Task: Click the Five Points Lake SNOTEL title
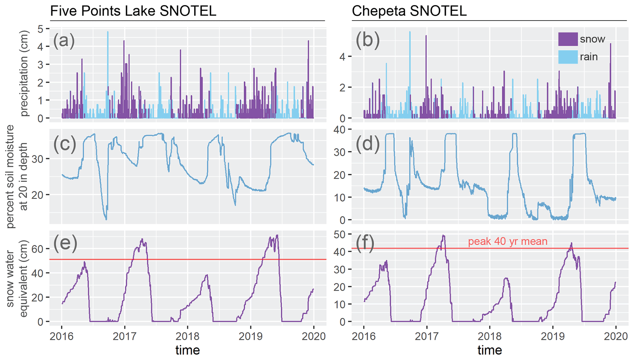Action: click(133, 11)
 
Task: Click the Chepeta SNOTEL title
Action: click(409, 11)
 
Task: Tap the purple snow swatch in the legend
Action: click(568, 39)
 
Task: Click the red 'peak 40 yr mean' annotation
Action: click(508, 242)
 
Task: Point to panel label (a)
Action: click(64, 41)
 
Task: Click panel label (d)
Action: click(367, 143)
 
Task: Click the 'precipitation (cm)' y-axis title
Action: click(24, 74)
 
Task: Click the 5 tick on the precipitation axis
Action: click(40, 29)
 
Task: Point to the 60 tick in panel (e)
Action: click(37, 249)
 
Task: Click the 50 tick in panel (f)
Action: click(339, 234)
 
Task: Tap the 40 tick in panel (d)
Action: click(339, 130)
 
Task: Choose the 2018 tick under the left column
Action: click(188, 336)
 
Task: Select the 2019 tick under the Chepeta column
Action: click(553, 336)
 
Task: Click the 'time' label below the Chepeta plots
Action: click(490, 350)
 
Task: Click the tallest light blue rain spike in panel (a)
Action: click(108, 32)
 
